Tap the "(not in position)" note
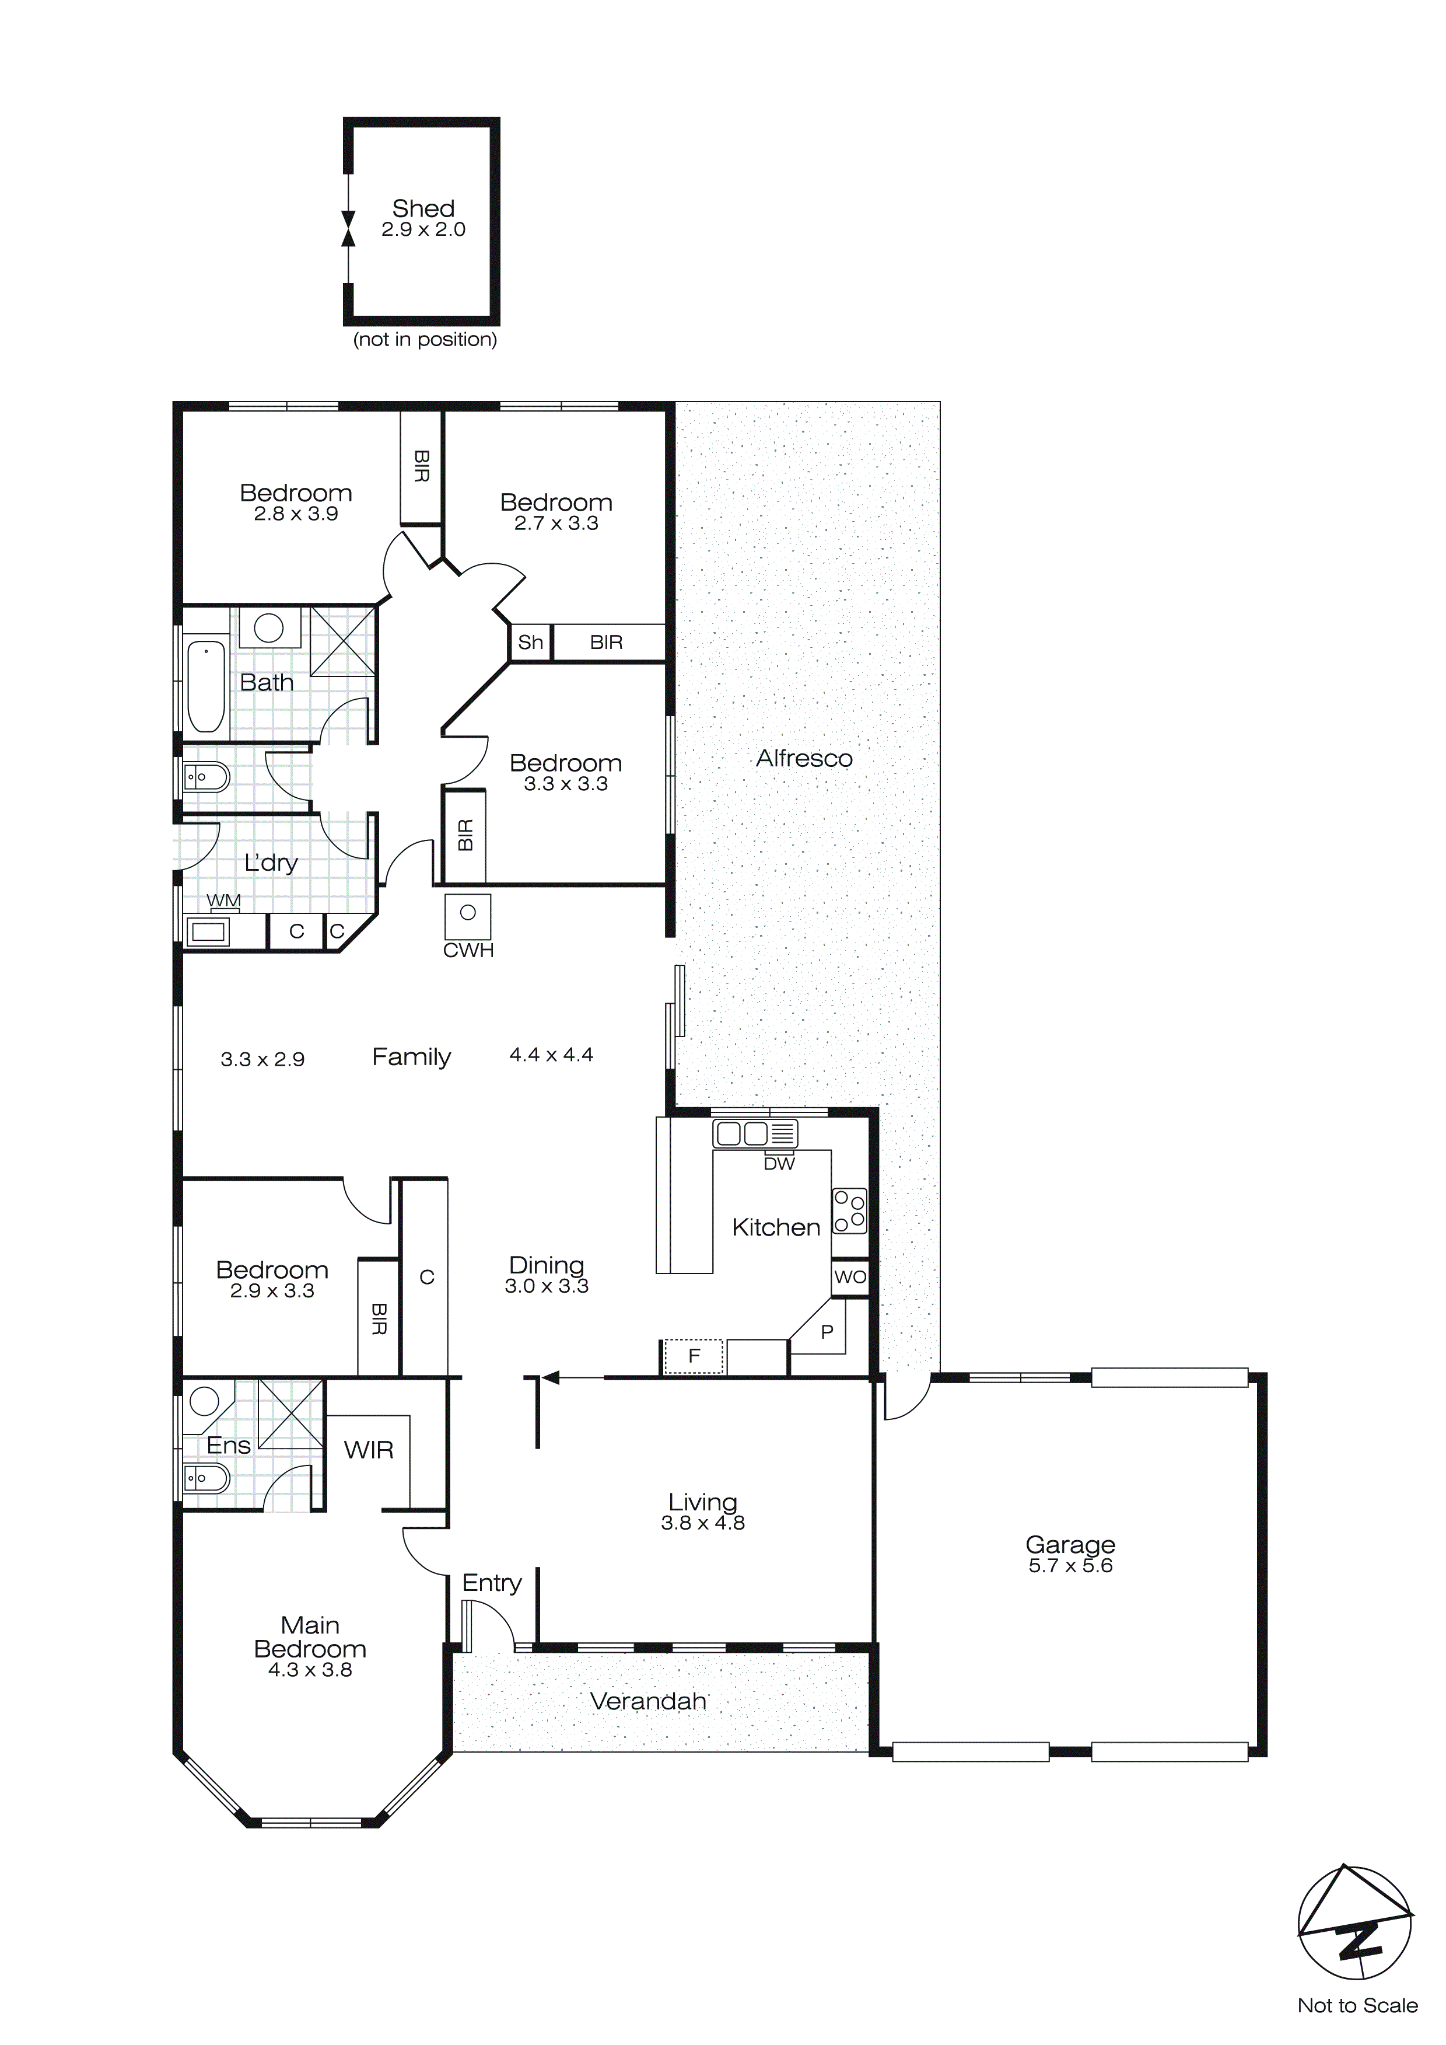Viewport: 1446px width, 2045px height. pyautogui.click(x=425, y=339)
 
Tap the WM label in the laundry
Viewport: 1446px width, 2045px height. pyautogui.click(x=223, y=901)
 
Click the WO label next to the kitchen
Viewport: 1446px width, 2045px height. pyautogui.click(x=849, y=1277)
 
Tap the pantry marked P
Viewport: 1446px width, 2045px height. pyautogui.click(x=827, y=1332)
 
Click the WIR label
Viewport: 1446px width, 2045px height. pyautogui.click(x=369, y=1450)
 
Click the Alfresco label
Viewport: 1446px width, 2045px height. pyautogui.click(x=804, y=759)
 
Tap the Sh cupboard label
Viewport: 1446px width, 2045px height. pyautogui.click(x=531, y=642)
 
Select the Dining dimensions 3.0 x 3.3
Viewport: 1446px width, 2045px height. pyautogui.click(x=546, y=1285)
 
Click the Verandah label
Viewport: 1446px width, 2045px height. pyautogui.click(x=648, y=1701)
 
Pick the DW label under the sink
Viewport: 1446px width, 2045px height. pyautogui.click(x=779, y=1163)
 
